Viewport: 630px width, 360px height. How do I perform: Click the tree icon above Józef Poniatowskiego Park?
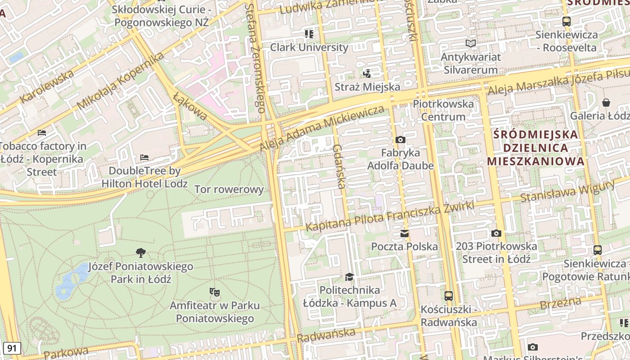click(141, 253)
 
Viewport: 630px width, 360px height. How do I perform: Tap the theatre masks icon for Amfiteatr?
click(215, 292)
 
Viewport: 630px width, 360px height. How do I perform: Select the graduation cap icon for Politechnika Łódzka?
click(350, 277)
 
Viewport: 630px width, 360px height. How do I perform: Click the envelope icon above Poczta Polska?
click(405, 234)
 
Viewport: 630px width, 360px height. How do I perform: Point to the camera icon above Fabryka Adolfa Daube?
click(400, 139)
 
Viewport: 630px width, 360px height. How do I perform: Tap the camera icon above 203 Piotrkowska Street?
click(496, 233)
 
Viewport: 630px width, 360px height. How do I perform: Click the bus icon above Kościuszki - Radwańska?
click(449, 296)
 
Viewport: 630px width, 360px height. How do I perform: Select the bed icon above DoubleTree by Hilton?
click(144, 157)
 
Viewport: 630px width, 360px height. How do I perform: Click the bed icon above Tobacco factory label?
click(42, 133)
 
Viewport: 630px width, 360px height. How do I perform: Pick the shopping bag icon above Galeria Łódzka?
click(606, 103)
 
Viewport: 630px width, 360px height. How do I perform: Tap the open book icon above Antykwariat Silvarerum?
click(470, 44)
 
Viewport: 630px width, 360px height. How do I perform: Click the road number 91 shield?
click(12, 348)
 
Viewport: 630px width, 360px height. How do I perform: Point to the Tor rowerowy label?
click(229, 189)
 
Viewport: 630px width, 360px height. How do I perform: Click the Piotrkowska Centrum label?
click(443, 110)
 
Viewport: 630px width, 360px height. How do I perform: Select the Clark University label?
click(309, 47)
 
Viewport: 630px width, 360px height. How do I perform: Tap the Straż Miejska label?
click(367, 87)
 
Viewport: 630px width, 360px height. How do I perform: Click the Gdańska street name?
click(340, 166)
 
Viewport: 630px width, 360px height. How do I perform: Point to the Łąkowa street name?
click(190, 107)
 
